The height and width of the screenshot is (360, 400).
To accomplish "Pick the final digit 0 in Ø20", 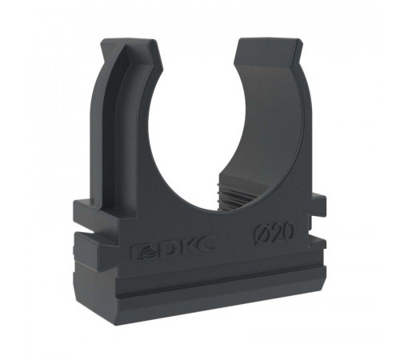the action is tap(289, 231).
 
